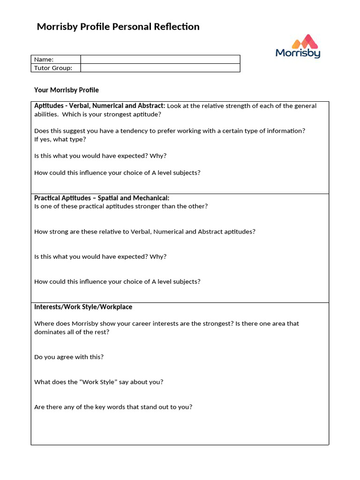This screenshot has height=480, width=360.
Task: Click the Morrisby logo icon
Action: click(x=305, y=41)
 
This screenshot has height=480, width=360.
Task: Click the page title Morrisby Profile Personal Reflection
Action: click(x=118, y=27)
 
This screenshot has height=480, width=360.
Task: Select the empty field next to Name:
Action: click(x=160, y=59)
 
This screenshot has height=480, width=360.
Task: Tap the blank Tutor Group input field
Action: click(x=160, y=68)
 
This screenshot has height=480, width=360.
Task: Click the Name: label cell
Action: click(x=55, y=59)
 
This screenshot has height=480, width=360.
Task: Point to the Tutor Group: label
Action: click(x=53, y=68)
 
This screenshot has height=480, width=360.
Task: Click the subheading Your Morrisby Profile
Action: click(x=67, y=90)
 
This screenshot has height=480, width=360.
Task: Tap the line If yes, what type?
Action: click(x=60, y=139)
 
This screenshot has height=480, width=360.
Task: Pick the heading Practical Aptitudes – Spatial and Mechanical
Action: click(x=102, y=198)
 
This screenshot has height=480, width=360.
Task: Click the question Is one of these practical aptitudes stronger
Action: click(x=121, y=206)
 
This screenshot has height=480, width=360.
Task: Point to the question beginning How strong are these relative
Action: click(x=145, y=232)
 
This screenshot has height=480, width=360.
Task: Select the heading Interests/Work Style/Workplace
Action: click(x=83, y=307)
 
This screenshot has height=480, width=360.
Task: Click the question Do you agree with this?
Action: click(x=69, y=357)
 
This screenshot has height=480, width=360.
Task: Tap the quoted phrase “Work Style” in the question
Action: click(x=99, y=382)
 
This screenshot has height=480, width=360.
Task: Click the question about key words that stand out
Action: click(x=113, y=407)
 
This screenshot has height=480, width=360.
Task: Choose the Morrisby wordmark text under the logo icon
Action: click(x=298, y=53)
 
